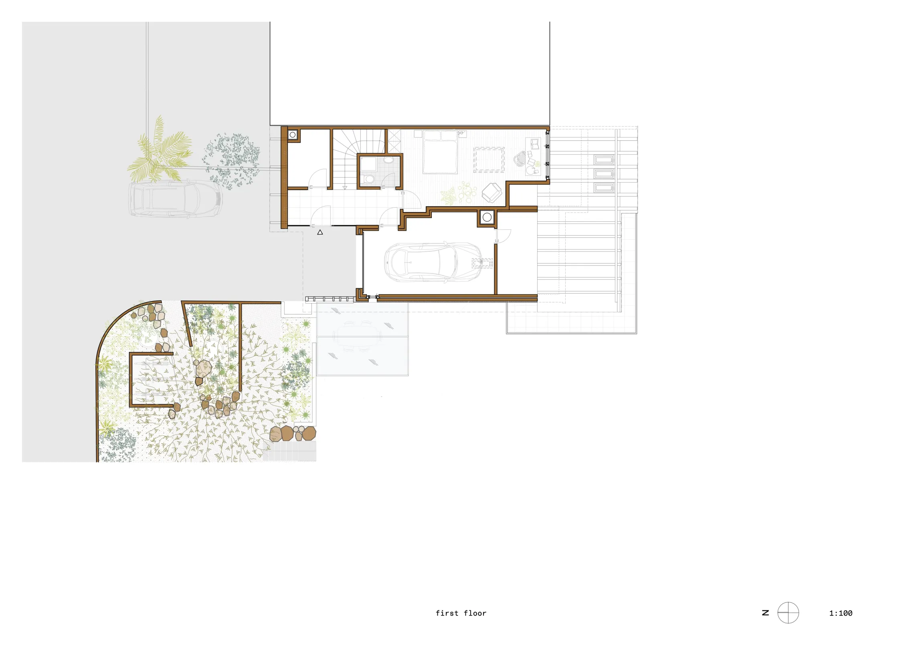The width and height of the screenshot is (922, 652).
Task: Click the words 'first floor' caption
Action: click(461, 613)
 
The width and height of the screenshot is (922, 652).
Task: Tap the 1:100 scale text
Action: click(841, 613)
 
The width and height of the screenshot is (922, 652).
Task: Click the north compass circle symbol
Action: click(788, 613)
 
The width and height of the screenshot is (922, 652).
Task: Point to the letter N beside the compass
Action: click(765, 613)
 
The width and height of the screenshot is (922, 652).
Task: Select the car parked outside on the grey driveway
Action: click(175, 199)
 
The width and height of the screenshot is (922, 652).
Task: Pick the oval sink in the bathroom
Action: click(388, 160)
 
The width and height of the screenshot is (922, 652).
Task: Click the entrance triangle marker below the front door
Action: click(320, 232)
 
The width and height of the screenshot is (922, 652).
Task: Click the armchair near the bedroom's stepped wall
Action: click(491, 192)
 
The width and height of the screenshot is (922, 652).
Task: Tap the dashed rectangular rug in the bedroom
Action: click(489, 160)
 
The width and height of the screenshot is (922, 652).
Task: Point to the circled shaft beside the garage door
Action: click(487, 217)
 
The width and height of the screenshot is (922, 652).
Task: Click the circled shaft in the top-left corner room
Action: click(293, 135)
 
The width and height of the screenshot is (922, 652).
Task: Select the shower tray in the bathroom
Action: click(368, 164)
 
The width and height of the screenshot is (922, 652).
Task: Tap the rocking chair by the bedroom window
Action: click(520, 159)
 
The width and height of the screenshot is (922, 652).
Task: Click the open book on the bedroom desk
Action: click(535, 143)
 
